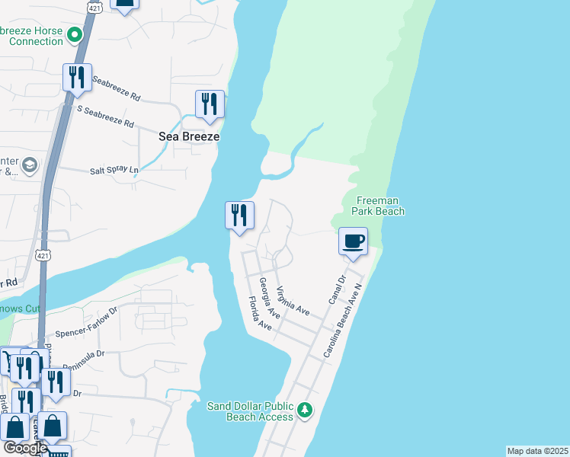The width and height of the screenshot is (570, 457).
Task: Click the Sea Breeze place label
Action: [x=188, y=136]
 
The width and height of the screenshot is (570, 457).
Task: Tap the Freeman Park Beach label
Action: [x=379, y=206]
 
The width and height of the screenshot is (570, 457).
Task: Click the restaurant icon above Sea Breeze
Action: [x=210, y=104]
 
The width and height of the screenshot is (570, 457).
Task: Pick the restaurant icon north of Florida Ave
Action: [x=239, y=216]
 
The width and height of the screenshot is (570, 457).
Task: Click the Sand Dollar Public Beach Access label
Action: [x=250, y=411]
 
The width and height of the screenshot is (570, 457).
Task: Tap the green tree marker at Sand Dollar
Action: [x=304, y=411]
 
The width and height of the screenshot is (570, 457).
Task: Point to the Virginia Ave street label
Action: [x=293, y=302]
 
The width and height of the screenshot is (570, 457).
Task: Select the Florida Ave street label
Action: [x=260, y=315]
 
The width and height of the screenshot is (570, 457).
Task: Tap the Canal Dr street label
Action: [x=337, y=290]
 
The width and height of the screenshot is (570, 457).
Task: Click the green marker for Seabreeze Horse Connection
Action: [x=75, y=34]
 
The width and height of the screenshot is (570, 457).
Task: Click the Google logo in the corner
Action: [x=25, y=448]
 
